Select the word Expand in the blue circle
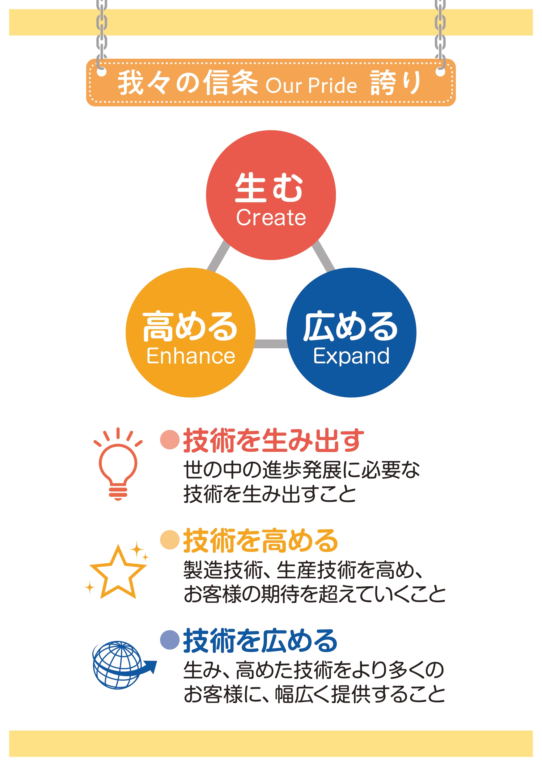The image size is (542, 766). coord(351,356)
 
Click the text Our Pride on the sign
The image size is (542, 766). coord(311,86)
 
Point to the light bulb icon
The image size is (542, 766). coord(118,464)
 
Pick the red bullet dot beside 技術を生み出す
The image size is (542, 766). coord(170,439)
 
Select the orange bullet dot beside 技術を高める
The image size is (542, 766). coord(170,539)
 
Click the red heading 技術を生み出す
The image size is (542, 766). coord(273,440)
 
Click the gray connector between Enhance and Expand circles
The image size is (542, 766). coord(271,344)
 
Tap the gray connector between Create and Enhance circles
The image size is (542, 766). coord(219,256)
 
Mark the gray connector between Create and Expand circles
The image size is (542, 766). coord(323,256)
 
